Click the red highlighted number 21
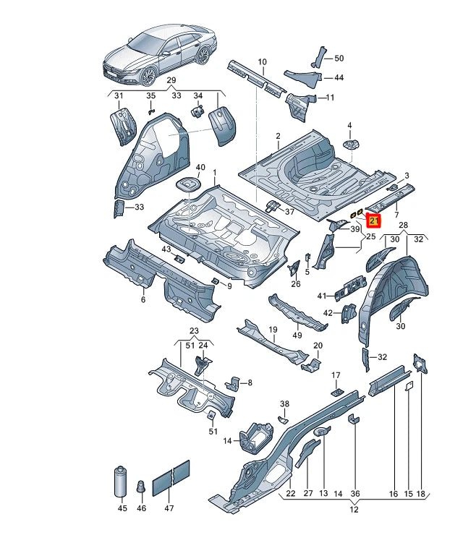(374, 221)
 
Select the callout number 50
(339, 58)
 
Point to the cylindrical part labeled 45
(118, 483)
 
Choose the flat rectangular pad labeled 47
(171, 478)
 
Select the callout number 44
(339, 77)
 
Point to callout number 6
(143, 299)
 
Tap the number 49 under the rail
(296, 334)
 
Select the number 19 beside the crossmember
(273, 330)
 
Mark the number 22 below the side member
(290, 494)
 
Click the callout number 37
(289, 212)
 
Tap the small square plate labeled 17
(336, 390)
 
